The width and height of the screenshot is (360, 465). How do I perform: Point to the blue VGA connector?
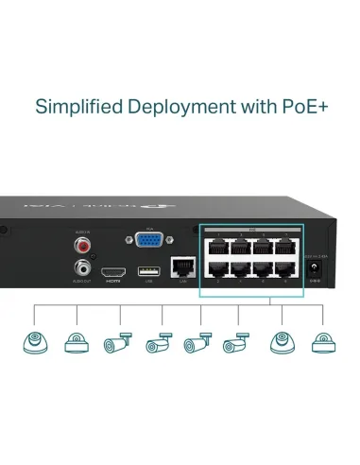pos(146,241)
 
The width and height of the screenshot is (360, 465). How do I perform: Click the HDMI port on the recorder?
pos(113,271)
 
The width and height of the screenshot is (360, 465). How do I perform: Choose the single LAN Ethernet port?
pos(180,268)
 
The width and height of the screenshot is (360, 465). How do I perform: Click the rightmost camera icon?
pos(324,343)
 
